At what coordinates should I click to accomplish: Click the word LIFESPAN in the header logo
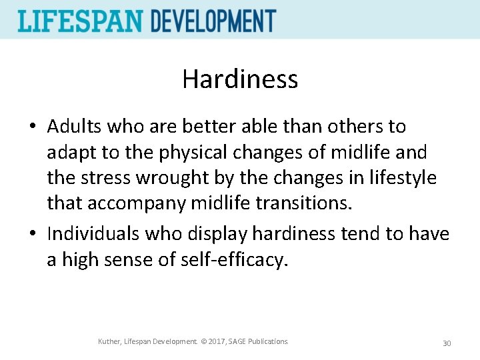coord(81,21)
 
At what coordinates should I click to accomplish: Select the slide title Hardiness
coord(240,79)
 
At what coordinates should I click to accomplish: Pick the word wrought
coord(167,178)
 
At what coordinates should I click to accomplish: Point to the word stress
coord(99,178)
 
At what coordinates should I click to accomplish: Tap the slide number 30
coord(447,343)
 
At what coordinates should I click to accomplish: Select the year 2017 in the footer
coord(215,342)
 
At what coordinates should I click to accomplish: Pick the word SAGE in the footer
coord(239,342)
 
